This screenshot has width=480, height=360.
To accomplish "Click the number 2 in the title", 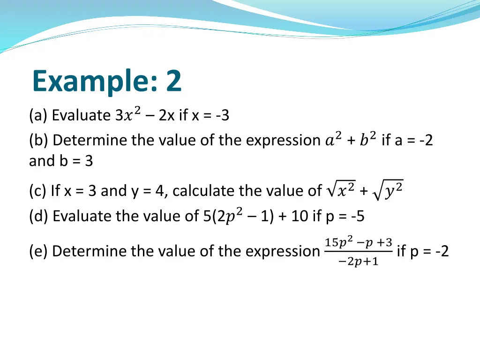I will coord(173,81).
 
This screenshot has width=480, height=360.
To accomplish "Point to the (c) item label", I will coord(37,191).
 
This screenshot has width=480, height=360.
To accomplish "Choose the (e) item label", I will coord(38,251).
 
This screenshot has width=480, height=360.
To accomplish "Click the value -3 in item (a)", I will coord(223,115).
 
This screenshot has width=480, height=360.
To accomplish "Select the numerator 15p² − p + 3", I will coord(358,242).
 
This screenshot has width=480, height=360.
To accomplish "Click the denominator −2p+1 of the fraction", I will coord(358,262).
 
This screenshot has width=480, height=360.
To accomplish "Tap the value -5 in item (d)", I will coord(357,216).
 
